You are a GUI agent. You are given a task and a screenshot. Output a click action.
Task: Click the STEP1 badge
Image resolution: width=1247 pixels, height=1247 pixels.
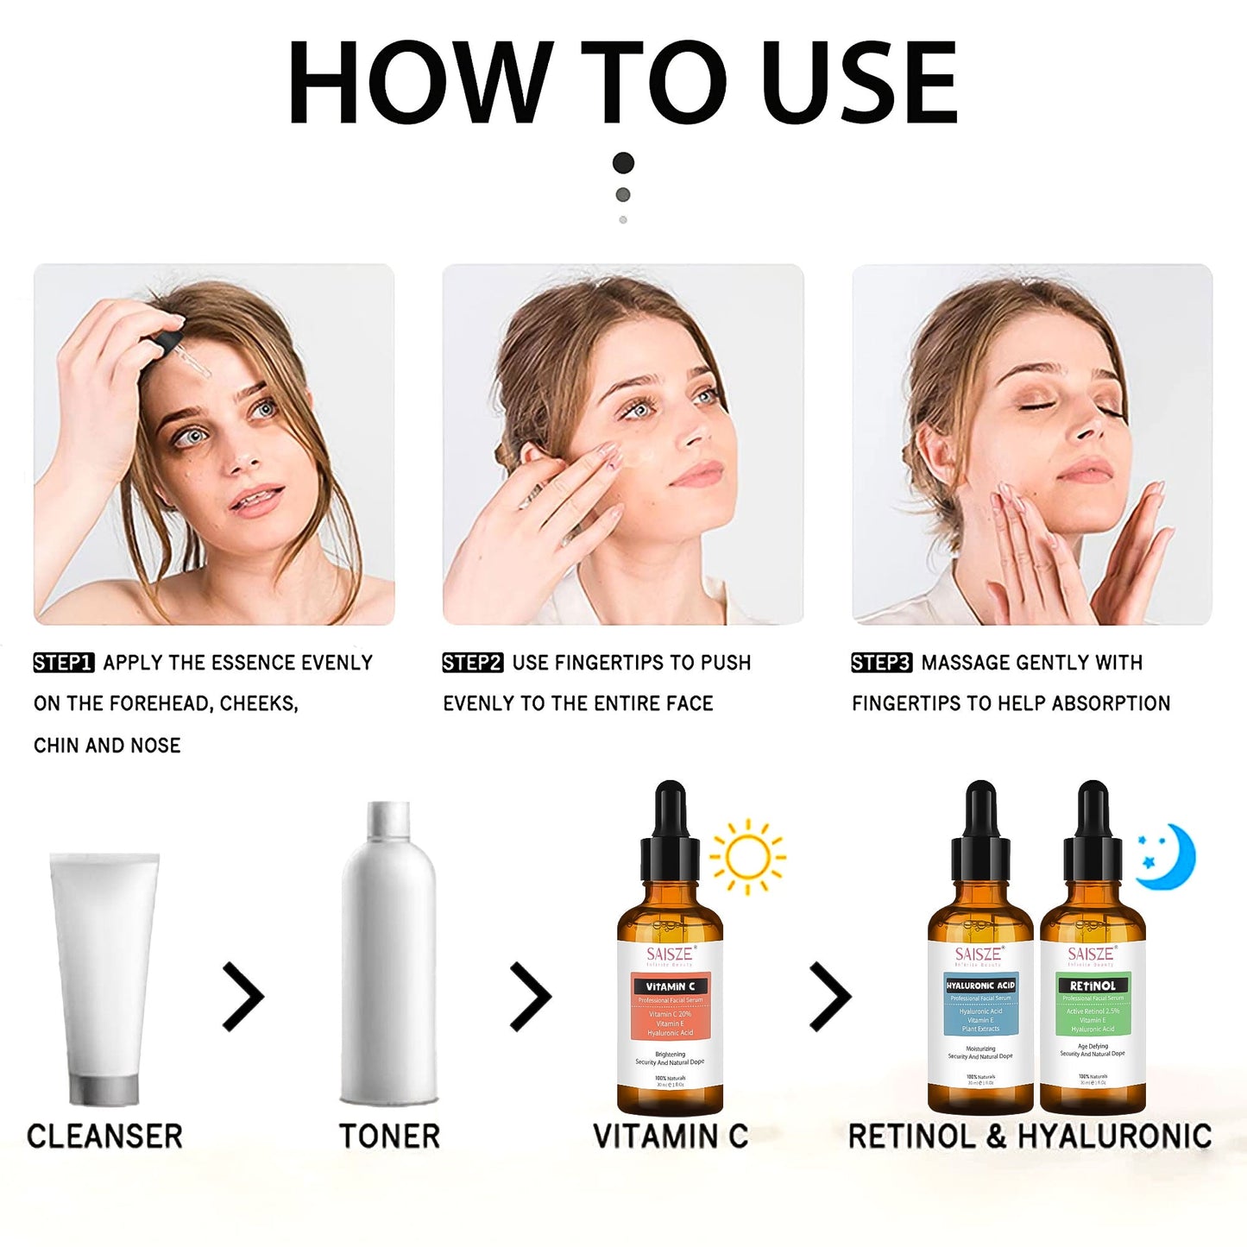pyautogui.click(x=63, y=663)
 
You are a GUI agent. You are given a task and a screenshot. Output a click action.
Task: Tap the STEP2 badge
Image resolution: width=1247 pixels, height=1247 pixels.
pyautogui.click(x=472, y=663)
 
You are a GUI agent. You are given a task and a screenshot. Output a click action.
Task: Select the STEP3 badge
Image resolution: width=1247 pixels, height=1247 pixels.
pyautogui.click(x=881, y=663)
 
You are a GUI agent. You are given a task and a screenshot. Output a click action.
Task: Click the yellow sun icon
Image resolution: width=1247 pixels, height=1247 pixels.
pyautogui.click(x=747, y=856)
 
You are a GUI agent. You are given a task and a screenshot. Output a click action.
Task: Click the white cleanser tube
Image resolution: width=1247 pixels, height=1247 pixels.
pyautogui.click(x=104, y=975)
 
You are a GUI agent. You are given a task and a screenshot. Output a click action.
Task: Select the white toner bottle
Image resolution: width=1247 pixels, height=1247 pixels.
pyautogui.click(x=389, y=958)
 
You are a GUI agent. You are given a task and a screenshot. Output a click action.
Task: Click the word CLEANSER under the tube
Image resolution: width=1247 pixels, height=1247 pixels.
pyautogui.click(x=104, y=1137)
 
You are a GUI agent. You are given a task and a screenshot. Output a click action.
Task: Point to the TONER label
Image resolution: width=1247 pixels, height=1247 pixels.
pyautogui.click(x=389, y=1137)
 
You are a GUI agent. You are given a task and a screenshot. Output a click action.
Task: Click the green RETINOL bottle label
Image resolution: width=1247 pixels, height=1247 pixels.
pyautogui.click(x=1093, y=1005)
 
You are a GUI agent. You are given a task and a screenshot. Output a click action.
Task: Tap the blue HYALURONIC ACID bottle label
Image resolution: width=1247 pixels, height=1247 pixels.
pyautogui.click(x=980, y=1005)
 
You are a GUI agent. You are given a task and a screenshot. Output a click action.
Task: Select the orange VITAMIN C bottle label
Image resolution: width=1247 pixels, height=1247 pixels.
pyautogui.click(x=670, y=1008)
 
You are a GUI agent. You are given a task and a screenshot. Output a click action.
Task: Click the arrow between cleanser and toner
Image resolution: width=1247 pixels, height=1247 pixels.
pyautogui.click(x=242, y=997)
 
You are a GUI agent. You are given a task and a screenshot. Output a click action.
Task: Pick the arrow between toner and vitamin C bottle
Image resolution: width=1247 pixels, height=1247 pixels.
pyautogui.click(x=530, y=997)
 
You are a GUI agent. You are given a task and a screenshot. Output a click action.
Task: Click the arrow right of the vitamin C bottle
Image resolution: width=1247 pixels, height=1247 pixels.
pyautogui.click(x=829, y=997)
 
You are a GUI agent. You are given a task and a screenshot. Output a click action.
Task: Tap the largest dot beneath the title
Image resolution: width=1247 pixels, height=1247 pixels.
pyautogui.click(x=623, y=162)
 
